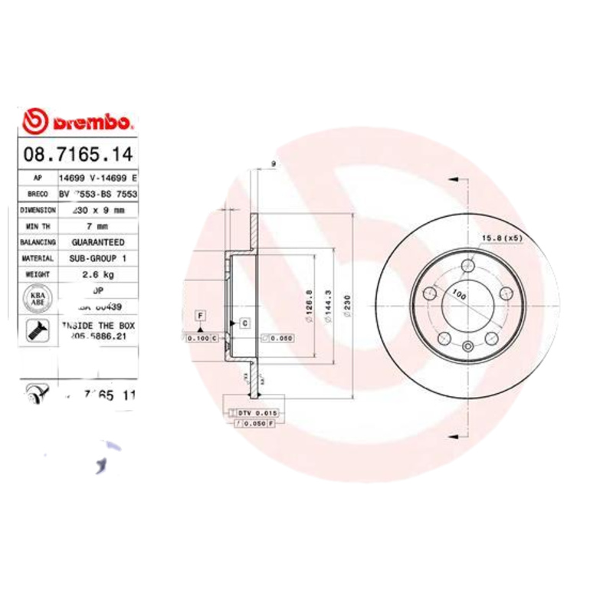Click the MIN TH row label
pos(38,227)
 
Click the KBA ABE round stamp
pos(37,297)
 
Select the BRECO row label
pos(38,194)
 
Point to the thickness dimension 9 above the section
pos(273,164)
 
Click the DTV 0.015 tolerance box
pos(256,413)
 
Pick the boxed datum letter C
pos(244,323)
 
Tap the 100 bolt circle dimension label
pos(459,293)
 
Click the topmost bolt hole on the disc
pos(467,266)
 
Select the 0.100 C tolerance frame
pos(202,337)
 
